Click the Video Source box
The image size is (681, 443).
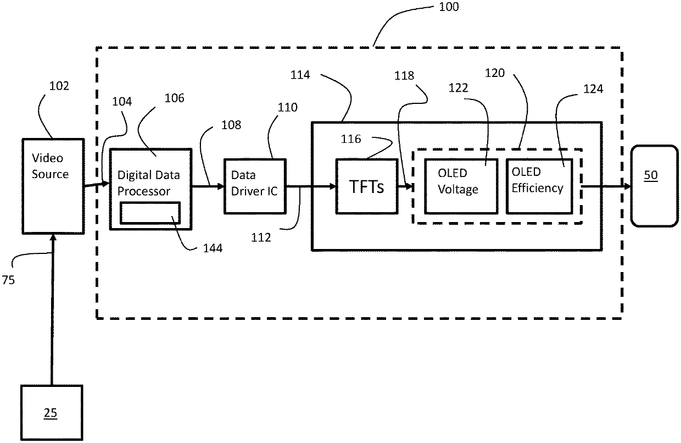(x=53, y=186)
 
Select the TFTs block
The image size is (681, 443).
(x=367, y=186)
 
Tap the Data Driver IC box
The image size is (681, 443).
(x=255, y=186)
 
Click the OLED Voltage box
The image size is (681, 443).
(x=461, y=186)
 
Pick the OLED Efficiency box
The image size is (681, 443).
(x=539, y=186)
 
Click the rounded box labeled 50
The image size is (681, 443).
(x=655, y=186)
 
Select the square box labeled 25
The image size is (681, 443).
(x=52, y=412)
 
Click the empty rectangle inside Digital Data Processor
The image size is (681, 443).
(x=150, y=213)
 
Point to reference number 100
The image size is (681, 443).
(x=449, y=7)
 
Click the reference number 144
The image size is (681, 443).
(x=213, y=248)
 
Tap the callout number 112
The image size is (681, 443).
(x=261, y=237)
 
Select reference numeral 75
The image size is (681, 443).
(x=8, y=280)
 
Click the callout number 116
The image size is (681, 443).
(x=351, y=139)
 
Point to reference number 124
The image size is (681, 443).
(x=593, y=89)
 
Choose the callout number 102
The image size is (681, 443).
(x=59, y=86)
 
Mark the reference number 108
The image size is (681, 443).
(x=231, y=125)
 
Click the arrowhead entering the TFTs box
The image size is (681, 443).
(x=333, y=186)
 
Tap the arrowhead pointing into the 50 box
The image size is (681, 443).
(x=628, y=186)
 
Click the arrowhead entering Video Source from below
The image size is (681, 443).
(x=53, y=237)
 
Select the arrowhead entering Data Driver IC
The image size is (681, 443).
(x=220, y=186)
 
